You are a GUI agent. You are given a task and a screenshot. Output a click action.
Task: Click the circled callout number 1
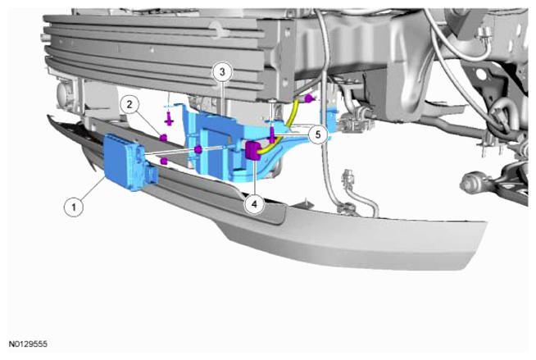(x=74, y=207)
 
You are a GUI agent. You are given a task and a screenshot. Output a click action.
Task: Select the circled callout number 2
(x=129, y=104)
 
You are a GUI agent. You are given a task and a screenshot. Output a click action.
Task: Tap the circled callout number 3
(x=223, y=72)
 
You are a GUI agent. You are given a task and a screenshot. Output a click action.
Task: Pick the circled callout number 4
(x=254, y=204)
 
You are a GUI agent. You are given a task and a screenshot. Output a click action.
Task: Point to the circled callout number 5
(x=318, y=134)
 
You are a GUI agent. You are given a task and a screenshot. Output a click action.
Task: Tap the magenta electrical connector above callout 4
(x=252, y=151)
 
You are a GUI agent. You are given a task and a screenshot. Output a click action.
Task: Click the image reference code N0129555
(x=28, y=344)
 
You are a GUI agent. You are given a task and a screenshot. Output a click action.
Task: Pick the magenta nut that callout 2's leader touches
(x=163, y=138)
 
